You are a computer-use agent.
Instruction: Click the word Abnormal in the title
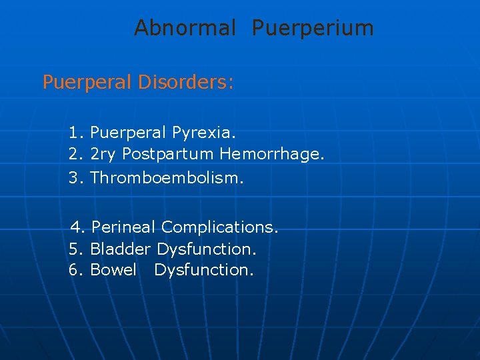point(185,28)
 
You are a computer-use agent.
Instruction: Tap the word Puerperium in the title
point(313,28)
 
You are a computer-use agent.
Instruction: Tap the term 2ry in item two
point(103,154)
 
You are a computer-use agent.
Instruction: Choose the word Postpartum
point(168,154)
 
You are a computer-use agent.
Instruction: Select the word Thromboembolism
point(167,178)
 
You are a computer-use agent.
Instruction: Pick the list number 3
point(74,178)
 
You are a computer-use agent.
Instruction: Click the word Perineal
point(124,227)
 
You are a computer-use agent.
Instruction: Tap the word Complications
point(219,227)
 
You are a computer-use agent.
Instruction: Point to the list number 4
point(77,227)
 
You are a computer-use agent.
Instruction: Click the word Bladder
point(121,249)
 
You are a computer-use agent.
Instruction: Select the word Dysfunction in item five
point(207,249)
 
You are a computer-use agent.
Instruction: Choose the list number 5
point(74,249)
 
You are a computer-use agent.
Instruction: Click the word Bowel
point(113,270)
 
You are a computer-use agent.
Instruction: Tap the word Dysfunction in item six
point(204,270)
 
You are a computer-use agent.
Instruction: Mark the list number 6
point(74,270)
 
